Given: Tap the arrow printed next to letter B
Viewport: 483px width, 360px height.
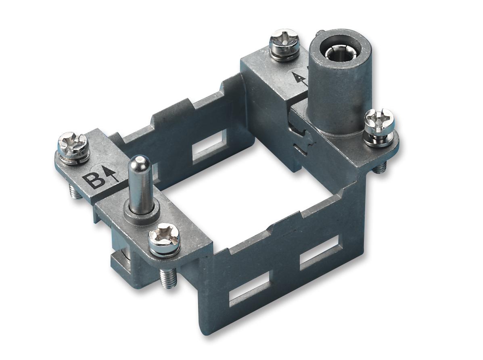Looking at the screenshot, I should (x=113, y=174).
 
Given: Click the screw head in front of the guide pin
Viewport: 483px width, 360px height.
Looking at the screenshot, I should (x=164, y=239).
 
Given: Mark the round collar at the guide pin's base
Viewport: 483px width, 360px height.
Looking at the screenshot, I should (x=141, y=212).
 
